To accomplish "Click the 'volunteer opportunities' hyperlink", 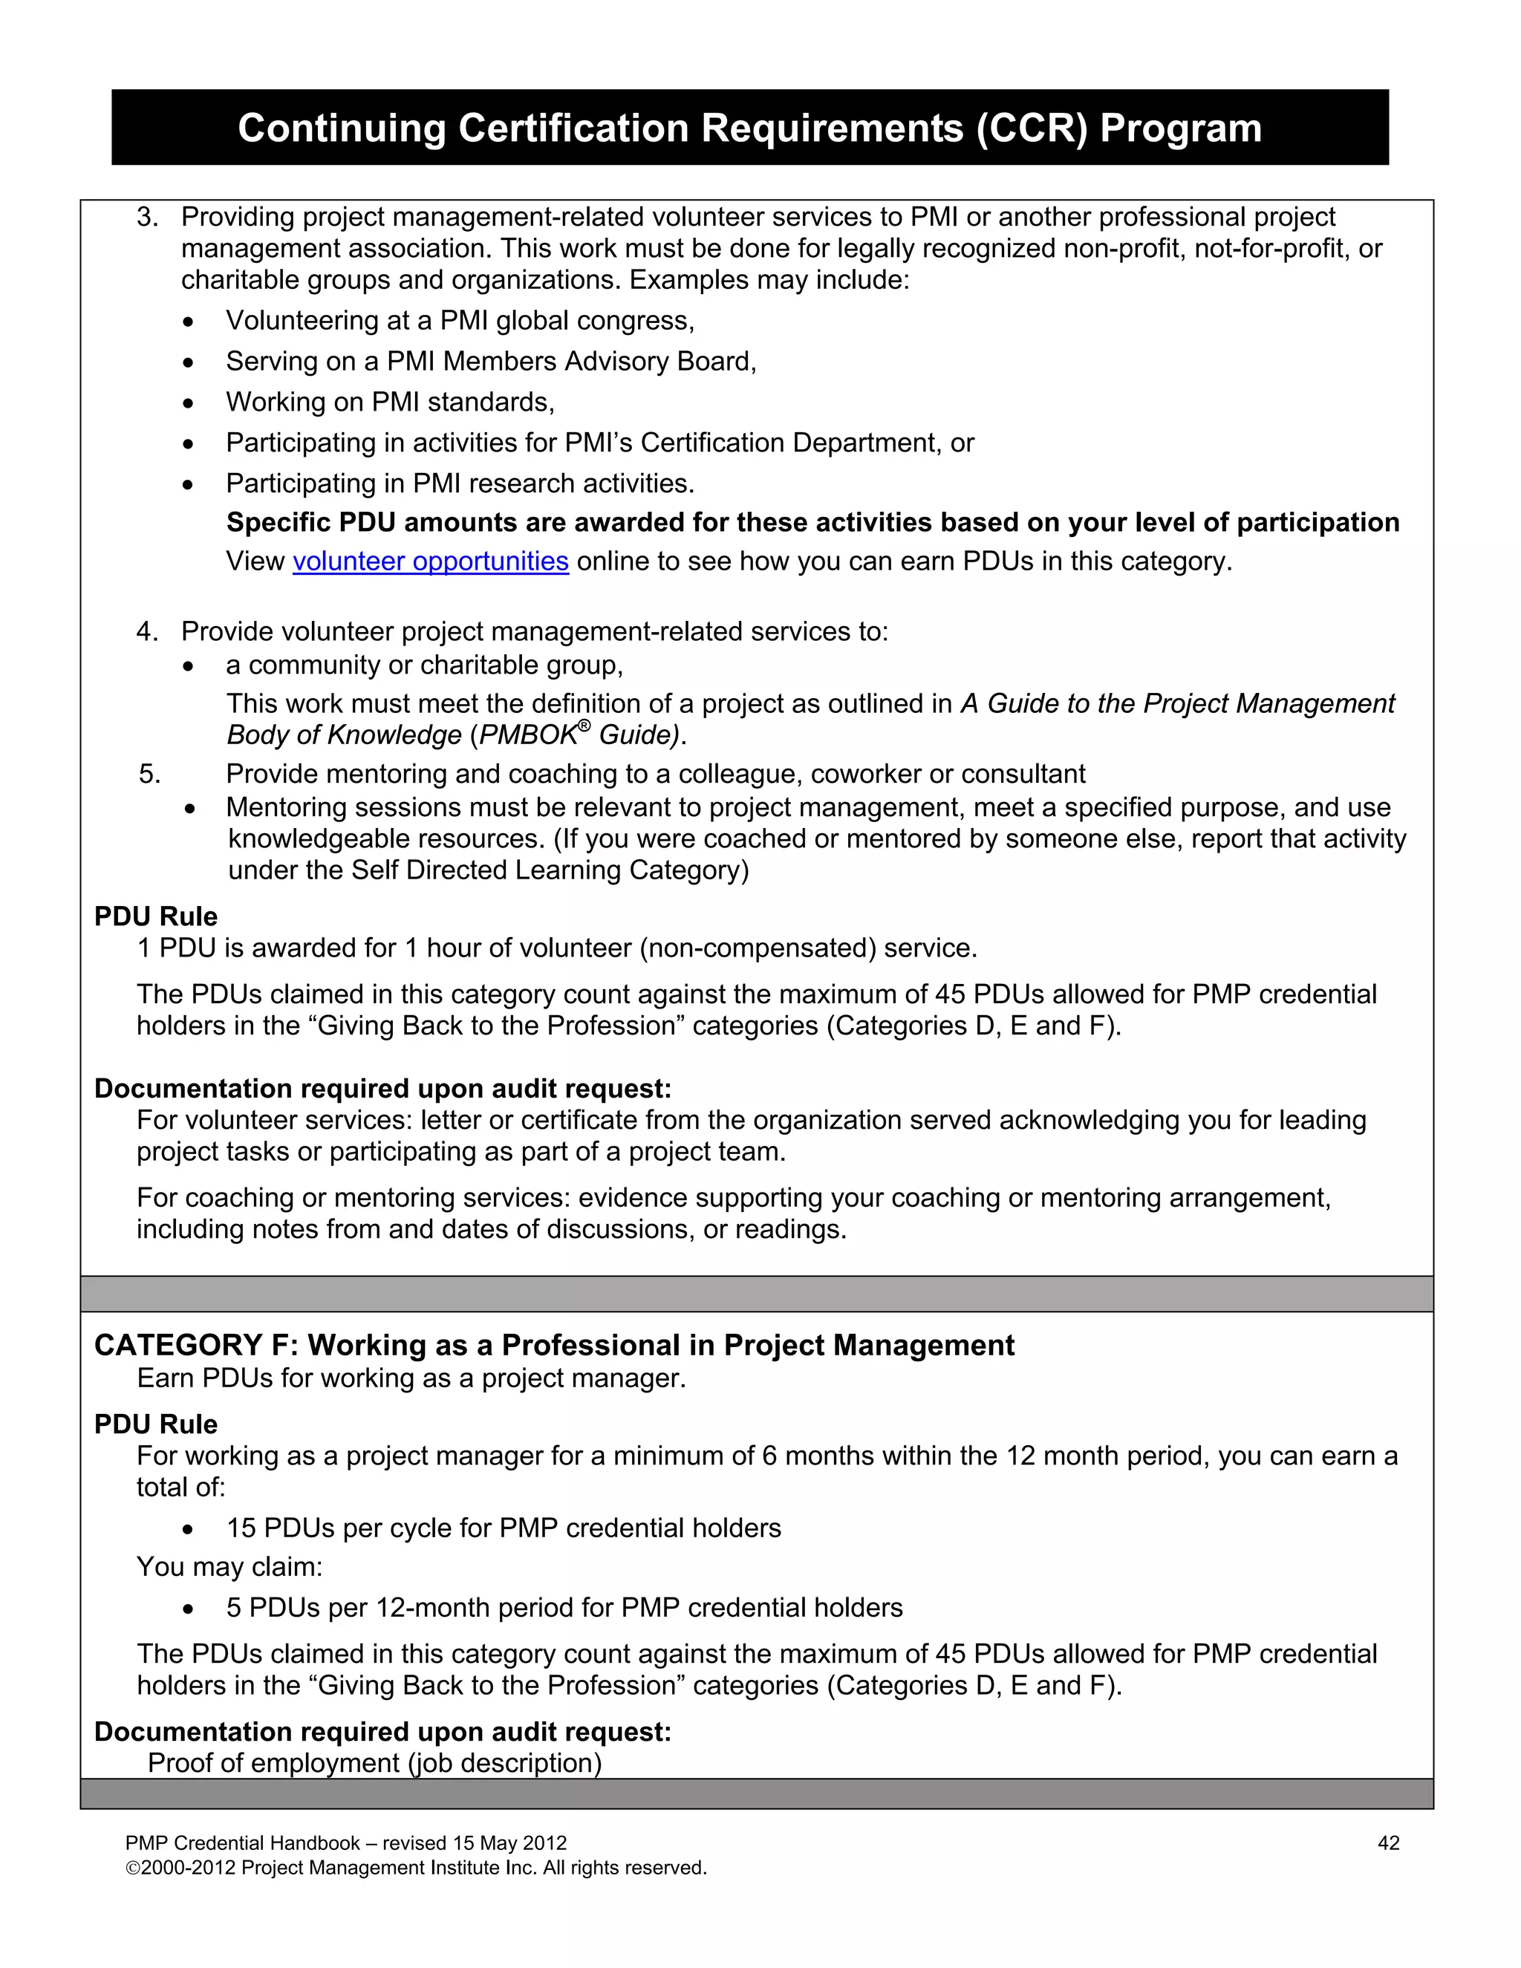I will coord(430,561).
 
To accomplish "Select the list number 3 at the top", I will coord(147,217).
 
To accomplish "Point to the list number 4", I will coord(147,632).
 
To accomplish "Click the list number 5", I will coord(149,774).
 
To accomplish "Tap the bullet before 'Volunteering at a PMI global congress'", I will coord(187,322).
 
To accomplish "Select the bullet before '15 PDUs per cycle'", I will coord(187,1530).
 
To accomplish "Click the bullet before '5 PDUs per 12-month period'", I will coord(187,1609).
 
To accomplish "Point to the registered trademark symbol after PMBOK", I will coord(584,726).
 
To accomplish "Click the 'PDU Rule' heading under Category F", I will coord(156,1424).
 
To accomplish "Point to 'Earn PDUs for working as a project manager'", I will coord(411,1378).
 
